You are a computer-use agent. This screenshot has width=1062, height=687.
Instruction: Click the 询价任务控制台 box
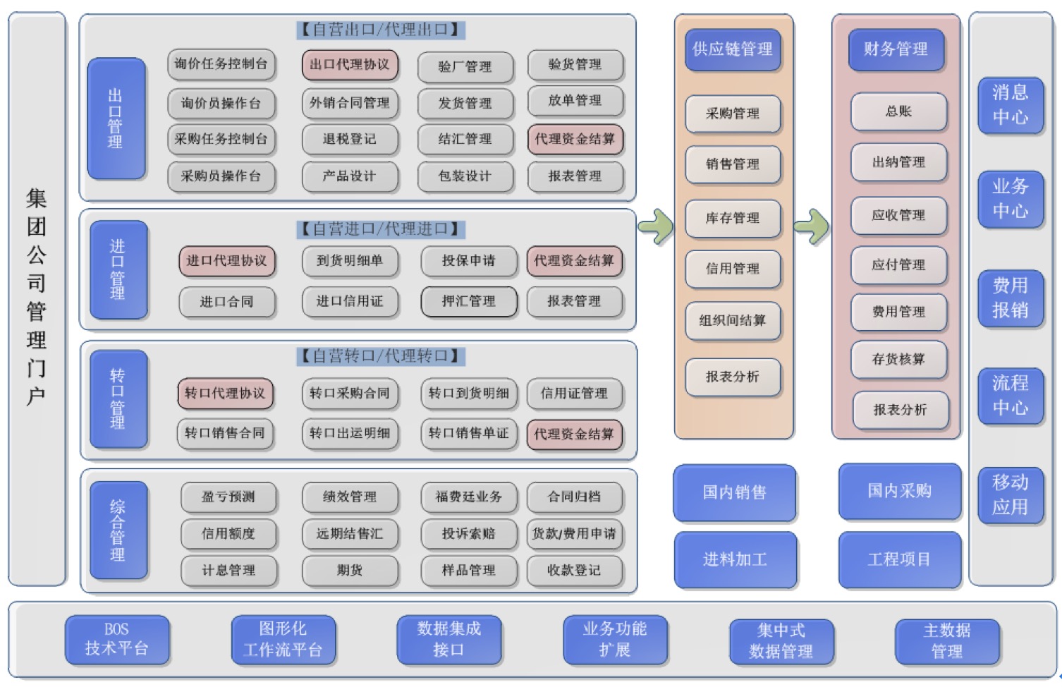click(x=221, y=64)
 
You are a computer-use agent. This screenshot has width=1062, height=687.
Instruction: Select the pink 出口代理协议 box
click(x=350, y=65)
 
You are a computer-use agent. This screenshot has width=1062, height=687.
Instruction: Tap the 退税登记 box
click(x=350, y=139)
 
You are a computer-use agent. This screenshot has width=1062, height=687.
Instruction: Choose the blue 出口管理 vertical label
click(x=116, y=118)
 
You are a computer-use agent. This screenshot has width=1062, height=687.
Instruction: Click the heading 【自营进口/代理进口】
click(x=380, y=229)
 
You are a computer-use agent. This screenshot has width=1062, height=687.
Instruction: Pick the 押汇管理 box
click(x=468, y=301)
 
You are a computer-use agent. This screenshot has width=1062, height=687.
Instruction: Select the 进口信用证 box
click(x=350, y=301)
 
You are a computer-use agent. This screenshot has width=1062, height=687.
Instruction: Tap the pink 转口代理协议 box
click(x=225, y=393)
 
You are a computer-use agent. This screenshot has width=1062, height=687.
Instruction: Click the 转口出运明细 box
click(x=350, y=433)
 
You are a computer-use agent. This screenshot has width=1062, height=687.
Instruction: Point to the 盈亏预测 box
click(x=228, y=497)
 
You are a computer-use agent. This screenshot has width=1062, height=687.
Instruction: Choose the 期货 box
click(x=350, y=570)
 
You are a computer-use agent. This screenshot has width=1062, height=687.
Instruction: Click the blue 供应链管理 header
click(x=733, y=49)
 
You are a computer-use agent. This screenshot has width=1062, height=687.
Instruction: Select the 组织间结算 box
click(x=733, y=320)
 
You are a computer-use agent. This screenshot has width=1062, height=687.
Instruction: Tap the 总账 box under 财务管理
click(x=898, y=111)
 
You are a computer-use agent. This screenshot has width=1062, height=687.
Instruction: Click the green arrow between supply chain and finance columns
click(x=811, y=226)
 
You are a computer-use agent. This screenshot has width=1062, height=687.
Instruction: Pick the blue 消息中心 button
click(x=1010, y=104)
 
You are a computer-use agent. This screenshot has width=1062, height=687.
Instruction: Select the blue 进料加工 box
click(x=735, y=559)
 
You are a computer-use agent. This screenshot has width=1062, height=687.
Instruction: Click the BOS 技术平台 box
click(x=117, y=639)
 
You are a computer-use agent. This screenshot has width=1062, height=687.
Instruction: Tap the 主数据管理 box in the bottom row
click(x=947, y=640)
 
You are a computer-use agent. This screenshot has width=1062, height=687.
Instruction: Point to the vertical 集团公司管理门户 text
click(x=37, y=296)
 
